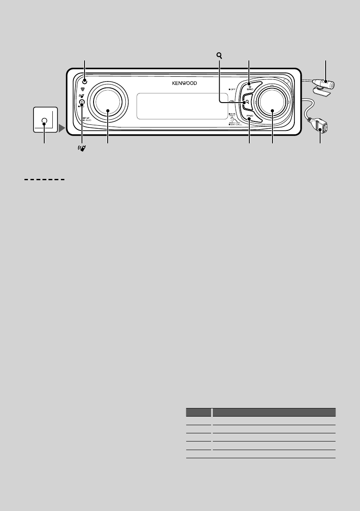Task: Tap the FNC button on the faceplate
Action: pyautogui.click(x=249, y=116)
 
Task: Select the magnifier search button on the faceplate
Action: pyautogui.click(x=248, y=102)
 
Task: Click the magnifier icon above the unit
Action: pyautogui.click(x=219, y=56)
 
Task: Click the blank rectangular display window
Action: pyautogui.click(x=181, y=106)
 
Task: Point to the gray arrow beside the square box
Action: pyautogui.click(x=62, y=127)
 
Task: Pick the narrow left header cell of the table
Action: pyautogui.click(x=198, y=412)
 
